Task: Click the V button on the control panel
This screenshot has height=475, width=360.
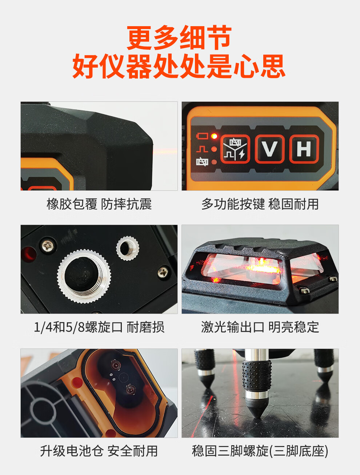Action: point(269,149)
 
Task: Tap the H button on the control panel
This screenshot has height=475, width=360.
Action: point(304,149)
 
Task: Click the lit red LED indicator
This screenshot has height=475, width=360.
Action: point(214,136)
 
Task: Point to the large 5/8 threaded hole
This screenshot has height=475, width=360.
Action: point(84,276)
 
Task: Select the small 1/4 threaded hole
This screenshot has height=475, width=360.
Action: point(128,248)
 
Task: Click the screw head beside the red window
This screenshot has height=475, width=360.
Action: point(48,246)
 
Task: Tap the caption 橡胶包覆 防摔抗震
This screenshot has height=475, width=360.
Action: point(99,204)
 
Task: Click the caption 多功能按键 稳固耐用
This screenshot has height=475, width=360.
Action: point(260,204)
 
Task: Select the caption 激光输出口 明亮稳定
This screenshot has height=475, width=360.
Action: point(260,327)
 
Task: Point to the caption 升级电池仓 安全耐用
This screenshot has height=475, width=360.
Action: point(99,451)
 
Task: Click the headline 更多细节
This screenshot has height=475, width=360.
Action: point(180,37)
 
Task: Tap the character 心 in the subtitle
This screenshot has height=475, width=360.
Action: point(246,66)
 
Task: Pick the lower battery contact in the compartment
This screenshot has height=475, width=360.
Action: point(130,389)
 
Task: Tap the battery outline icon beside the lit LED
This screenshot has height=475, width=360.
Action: point(202,136)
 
